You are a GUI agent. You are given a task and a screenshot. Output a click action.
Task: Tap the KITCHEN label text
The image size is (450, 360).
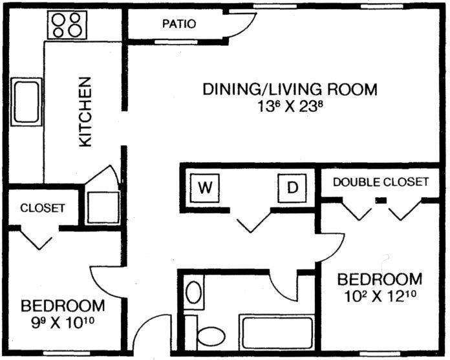[85, 112]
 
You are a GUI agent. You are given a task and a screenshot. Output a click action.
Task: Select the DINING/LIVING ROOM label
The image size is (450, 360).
[290, 89]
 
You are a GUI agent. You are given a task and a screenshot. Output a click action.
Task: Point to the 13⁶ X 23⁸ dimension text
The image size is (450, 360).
[290, 106]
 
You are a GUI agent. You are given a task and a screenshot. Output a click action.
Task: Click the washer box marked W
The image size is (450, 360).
[205, 188]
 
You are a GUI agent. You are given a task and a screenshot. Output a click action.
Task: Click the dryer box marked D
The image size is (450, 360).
[292, 188]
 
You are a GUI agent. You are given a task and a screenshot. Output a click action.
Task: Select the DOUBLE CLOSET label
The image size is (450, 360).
[381, 182]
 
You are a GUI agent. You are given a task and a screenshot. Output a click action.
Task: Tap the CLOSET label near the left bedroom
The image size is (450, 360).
[43, 208]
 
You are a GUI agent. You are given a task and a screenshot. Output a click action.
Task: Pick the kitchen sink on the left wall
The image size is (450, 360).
[26, 101]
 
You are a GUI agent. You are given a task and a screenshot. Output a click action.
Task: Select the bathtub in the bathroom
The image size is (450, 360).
[276, 332]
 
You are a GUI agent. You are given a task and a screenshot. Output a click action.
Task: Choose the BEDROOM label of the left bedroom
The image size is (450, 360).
[63, 304]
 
